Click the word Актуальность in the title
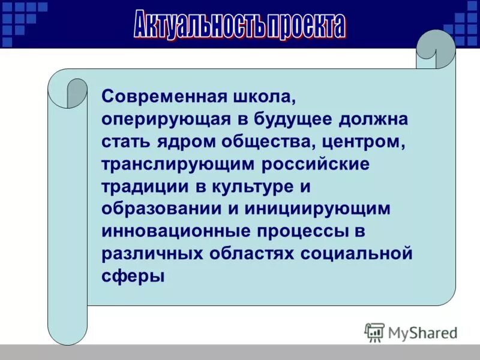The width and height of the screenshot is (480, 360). pos(197,25)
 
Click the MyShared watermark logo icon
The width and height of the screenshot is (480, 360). pos(374,332)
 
